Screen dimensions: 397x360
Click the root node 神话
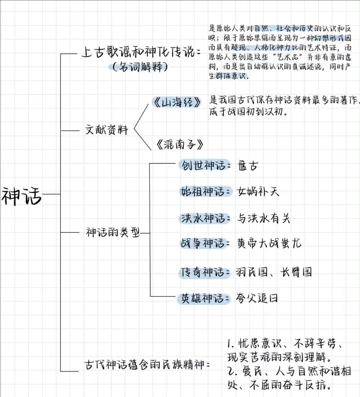click(x=22, y=195)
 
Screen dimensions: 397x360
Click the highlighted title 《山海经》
click(x=177, y=102)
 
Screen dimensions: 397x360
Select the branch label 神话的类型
click(x=112, y=232)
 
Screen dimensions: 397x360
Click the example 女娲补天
click(x=258, y=192)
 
